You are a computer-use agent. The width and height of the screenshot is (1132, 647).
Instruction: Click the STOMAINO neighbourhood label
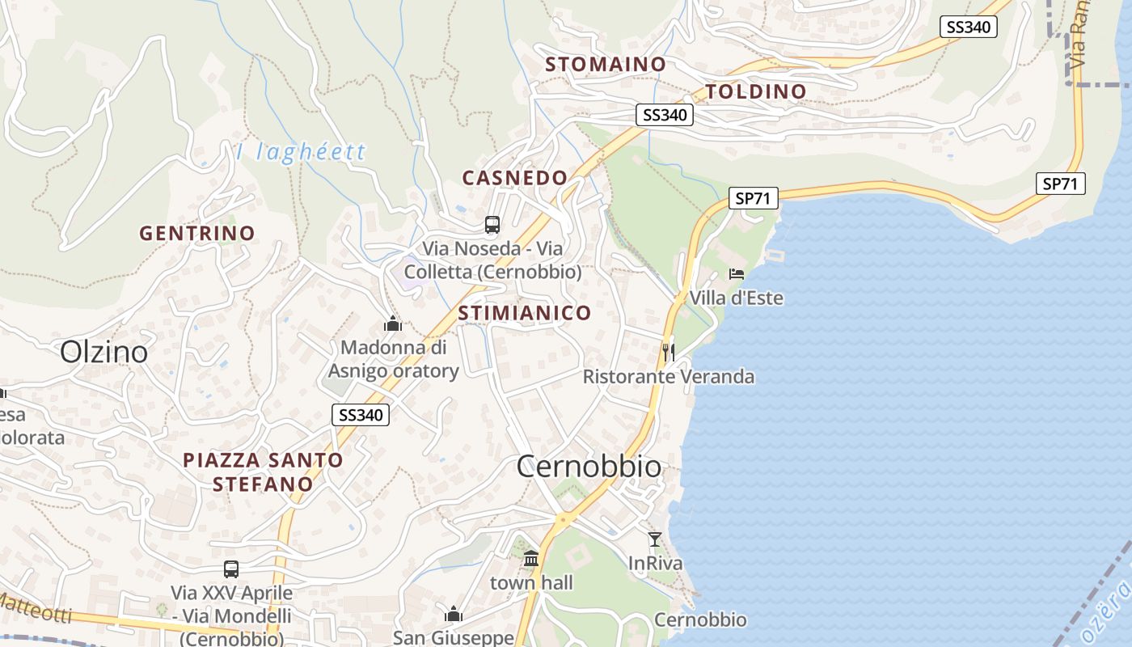(x=606, y=64)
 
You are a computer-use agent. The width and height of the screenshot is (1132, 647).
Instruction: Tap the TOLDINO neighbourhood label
(x=756, y=91)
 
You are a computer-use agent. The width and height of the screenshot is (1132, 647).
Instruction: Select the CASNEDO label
(x=514, y=177)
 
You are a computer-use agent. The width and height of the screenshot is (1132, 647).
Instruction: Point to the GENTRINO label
(x=197, y=234)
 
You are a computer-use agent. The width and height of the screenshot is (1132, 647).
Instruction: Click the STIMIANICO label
(x=525, y=313)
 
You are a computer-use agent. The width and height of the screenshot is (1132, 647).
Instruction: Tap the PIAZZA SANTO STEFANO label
(x=263, y=472)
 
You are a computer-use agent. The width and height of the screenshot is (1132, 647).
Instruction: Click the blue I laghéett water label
(x=301, y=152)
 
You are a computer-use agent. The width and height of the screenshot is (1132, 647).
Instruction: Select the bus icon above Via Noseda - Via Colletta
(x=492, y=224)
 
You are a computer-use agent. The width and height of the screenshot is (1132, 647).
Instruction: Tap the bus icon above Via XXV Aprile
(x=231, y=569)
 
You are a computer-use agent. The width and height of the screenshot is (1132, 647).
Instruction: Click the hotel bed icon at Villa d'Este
(x=737, y=273)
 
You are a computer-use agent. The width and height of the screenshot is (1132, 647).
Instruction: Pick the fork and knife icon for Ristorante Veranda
(x=668, y=352)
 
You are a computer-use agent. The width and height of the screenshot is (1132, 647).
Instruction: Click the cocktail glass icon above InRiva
(x=655, y=539)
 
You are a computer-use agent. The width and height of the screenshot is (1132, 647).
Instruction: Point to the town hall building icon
(x=531, y=558)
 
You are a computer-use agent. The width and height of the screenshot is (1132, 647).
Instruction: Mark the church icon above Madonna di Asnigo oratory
(x=393, y=324)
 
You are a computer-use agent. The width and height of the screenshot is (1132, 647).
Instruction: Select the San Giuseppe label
(x=453, y=637)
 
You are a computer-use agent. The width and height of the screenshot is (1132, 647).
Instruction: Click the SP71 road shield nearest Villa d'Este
(x=753, y=197)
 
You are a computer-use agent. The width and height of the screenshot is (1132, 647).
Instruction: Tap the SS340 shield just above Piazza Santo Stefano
(x=361, y=415)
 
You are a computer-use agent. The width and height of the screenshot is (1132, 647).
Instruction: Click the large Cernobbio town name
(x=589, y=467)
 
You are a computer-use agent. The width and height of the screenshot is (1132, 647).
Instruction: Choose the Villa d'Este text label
(x=736, y=298)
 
